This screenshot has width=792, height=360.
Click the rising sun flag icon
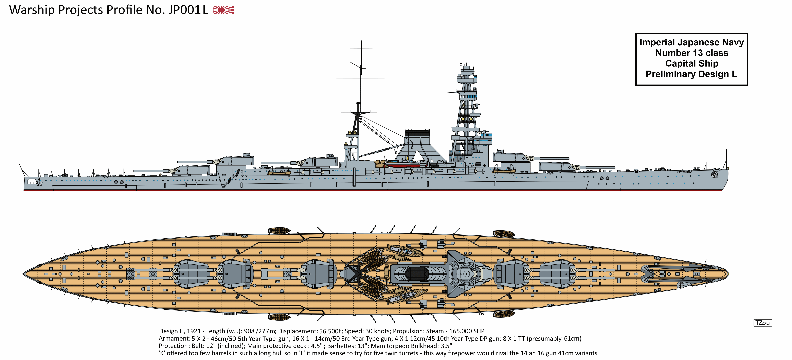tap(223, 10)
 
